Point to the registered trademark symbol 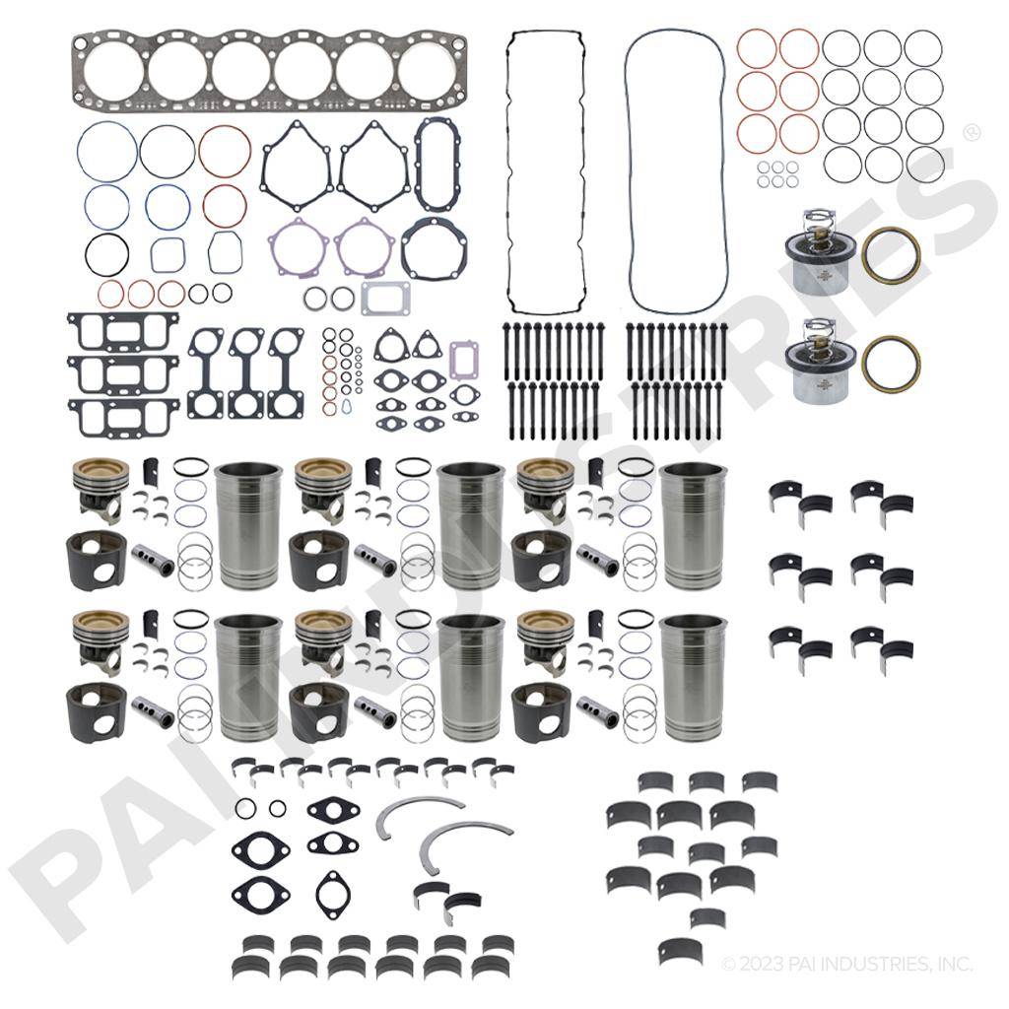(971, 133)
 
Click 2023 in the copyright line (757, 964)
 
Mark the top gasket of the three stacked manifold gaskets (122, 331)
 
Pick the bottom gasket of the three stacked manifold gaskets (122, 418)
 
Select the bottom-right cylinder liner (693, 677)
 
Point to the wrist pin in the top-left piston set (153, 560)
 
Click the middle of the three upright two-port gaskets (246, 373)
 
